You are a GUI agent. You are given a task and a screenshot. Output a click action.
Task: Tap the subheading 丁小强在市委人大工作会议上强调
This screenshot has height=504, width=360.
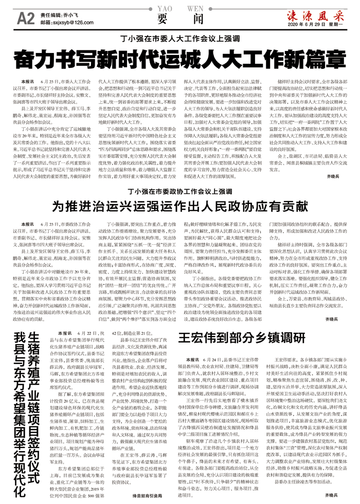coord(179,39)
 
